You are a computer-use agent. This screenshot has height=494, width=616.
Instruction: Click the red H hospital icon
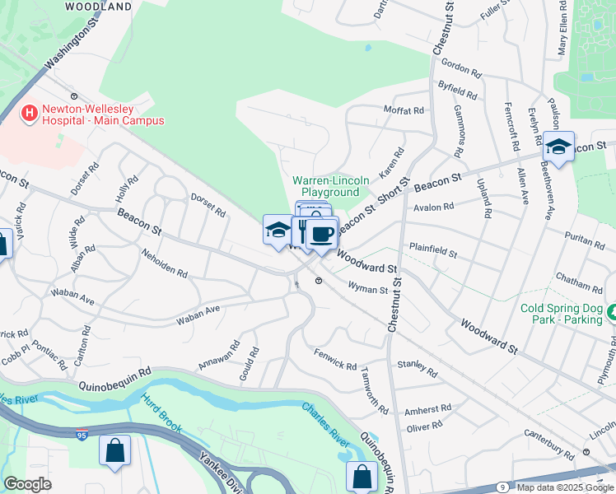[30, 112]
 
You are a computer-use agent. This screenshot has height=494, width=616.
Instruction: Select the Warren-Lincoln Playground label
[326, 186]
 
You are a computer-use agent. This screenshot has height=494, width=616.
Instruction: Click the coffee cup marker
[321, 233]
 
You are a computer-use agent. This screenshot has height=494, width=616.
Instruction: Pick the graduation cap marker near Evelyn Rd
[558, 148]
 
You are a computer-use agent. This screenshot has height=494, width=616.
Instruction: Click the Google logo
[27, 484]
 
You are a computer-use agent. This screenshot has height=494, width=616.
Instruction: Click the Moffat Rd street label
[404, 110]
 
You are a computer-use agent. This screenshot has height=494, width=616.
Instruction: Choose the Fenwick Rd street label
[335, 359]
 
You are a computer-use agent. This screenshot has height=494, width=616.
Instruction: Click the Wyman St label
[368, 290]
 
